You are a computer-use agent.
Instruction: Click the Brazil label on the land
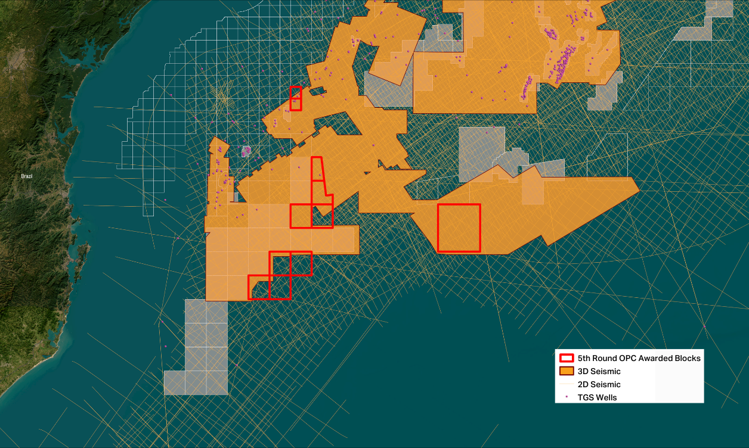[26, 176]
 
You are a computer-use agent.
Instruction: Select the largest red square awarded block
[459, 228]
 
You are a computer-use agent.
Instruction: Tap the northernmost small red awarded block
[295, 98]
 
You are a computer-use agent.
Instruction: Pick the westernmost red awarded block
[258, 287]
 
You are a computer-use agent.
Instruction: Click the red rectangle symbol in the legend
[567, 359]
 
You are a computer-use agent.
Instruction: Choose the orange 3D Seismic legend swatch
[567, 371]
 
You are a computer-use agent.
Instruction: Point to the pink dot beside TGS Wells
[566, 397]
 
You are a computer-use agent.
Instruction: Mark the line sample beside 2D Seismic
[567, 384]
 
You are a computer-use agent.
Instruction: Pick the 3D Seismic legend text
[599, 371]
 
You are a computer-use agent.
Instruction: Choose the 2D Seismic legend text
[599, 384]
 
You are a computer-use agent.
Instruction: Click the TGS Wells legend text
[597, 397]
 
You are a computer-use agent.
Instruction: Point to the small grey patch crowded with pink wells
[246, 151]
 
